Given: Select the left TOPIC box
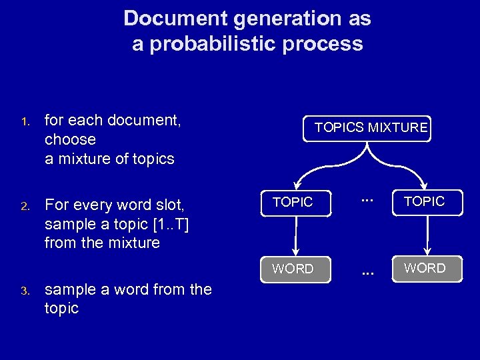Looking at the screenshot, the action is coord(293,203).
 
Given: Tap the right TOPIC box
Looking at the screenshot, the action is coord(424,201).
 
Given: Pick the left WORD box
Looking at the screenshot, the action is coord(293,269).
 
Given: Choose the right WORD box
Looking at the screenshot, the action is coord(425,268).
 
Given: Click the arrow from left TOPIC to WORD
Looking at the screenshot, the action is coord(295,236).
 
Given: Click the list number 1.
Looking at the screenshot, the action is coord(24,122).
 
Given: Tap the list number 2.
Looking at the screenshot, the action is coord(24,206).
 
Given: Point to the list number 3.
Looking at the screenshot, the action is coord(24,291).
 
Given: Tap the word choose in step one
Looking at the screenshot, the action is coord(70,140).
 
